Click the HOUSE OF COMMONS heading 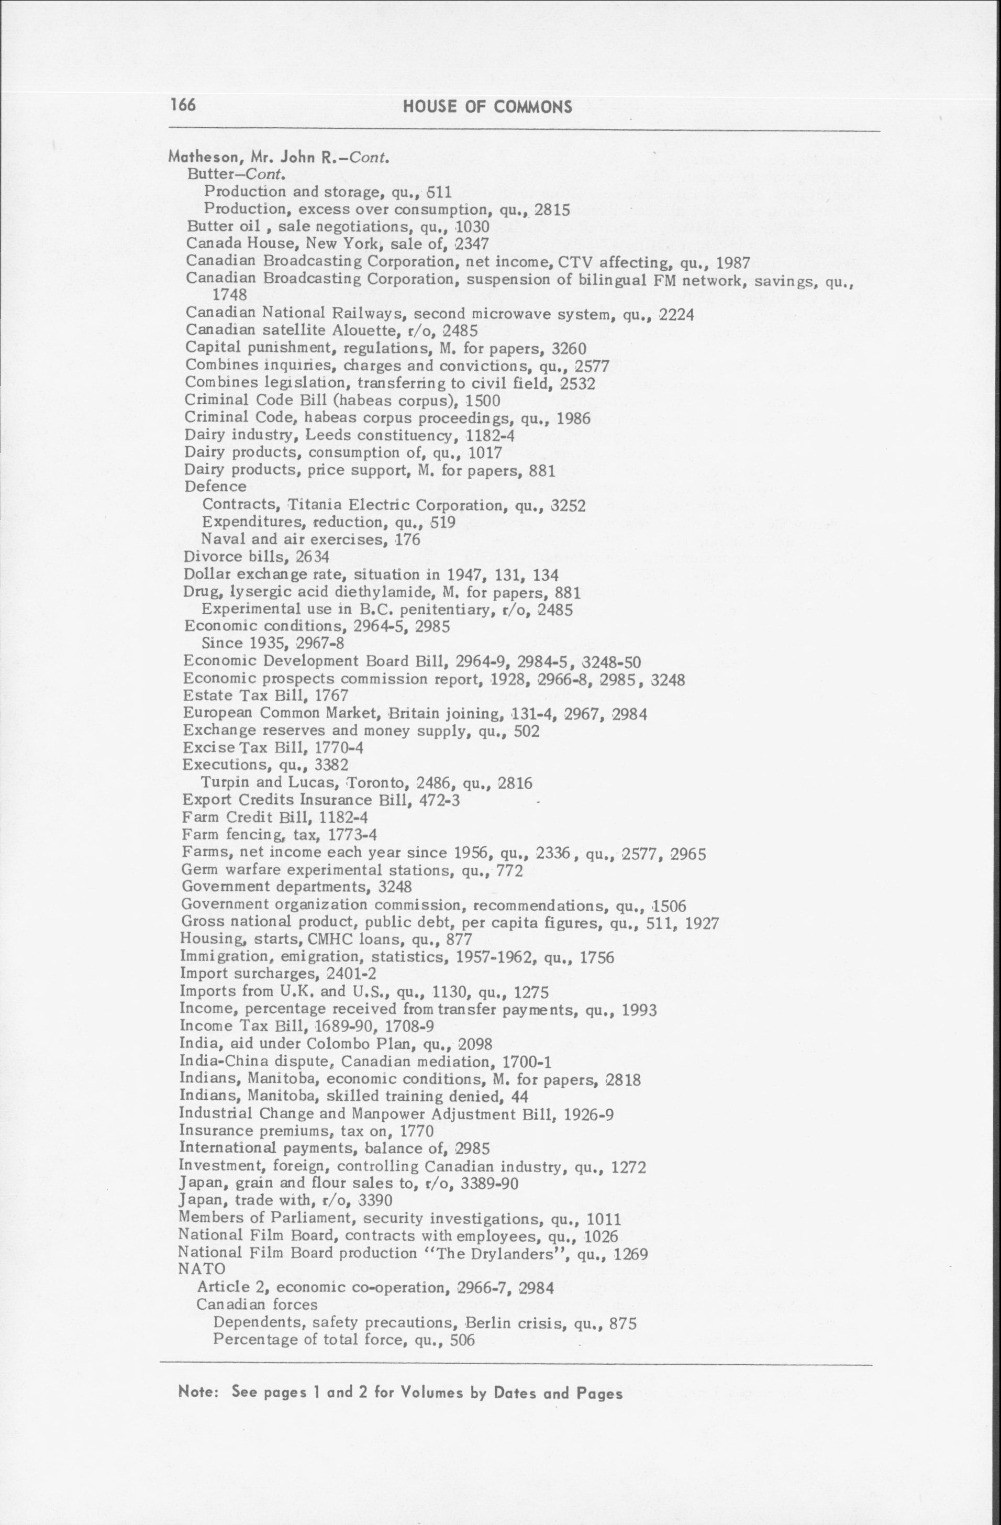pyautogui.click(x=487, y=107)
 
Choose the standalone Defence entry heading pyautogui.click(x=215, y=487)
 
